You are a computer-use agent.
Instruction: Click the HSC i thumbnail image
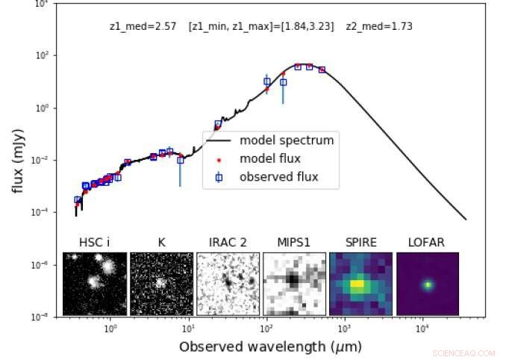click(94, 284)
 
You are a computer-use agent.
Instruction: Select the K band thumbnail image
click(161, 284)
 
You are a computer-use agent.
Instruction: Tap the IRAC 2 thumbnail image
click(228, 284)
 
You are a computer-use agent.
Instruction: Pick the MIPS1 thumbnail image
click(294, 284)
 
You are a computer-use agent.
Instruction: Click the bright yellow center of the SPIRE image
click(359, 284)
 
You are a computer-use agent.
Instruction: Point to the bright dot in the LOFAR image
click(428, 285)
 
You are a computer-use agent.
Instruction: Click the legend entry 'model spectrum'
click(286, 140)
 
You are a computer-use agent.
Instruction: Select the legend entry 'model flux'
click(269, 158)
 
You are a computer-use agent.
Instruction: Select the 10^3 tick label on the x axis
click(345, 329)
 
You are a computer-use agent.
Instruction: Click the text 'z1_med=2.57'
click(143, 26)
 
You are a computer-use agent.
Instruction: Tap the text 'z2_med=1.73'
click(379, 26)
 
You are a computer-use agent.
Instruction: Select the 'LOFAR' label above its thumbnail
click(427, 242)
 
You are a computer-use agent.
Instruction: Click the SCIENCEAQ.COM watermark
click(467, 352)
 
